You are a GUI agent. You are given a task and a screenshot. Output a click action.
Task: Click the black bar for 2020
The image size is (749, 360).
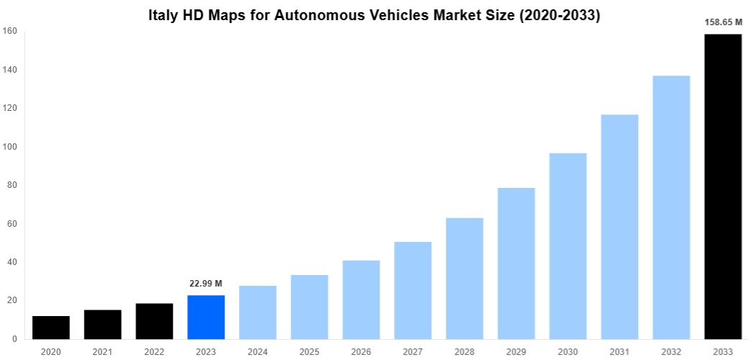(x=50, y=328)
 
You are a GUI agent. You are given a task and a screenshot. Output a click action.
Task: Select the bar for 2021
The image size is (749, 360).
(x=102, y=325)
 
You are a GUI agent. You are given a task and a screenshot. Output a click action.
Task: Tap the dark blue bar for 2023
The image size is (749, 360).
(x=206, y=318)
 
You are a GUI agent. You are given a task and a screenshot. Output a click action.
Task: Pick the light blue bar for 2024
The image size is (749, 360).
(x=258, y=312)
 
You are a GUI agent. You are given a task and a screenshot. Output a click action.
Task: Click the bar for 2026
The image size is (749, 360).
(x=361, y=300)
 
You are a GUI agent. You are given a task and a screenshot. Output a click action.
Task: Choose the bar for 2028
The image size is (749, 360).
(x=465, y=279)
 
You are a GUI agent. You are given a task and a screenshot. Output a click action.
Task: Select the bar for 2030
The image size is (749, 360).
(x=568, y=246)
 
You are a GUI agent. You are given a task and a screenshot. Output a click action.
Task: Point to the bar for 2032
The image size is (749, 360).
(x=671, y=207)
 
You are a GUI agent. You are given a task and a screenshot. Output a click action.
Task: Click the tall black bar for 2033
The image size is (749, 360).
(x=723, y=186)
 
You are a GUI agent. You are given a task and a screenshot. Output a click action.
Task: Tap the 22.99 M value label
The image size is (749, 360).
(x=206, y=284)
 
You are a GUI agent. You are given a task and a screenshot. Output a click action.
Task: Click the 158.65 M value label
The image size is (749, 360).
(x=723, y=22)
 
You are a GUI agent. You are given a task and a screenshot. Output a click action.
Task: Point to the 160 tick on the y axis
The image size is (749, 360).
(x=10, y=31)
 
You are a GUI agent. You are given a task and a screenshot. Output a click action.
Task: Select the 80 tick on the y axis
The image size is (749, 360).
(x=12, y=185)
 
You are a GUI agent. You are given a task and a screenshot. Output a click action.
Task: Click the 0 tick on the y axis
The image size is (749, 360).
(x=15, y=339)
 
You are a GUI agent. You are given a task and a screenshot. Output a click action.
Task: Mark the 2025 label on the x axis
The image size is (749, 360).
(x=309, y=351)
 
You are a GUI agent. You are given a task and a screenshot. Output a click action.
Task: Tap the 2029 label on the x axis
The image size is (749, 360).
(x=516, y=351)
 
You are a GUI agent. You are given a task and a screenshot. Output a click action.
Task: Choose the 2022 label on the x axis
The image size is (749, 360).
(x=154, y=351)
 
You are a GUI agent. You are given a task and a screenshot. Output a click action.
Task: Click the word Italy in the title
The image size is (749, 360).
(x=165, y=15)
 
